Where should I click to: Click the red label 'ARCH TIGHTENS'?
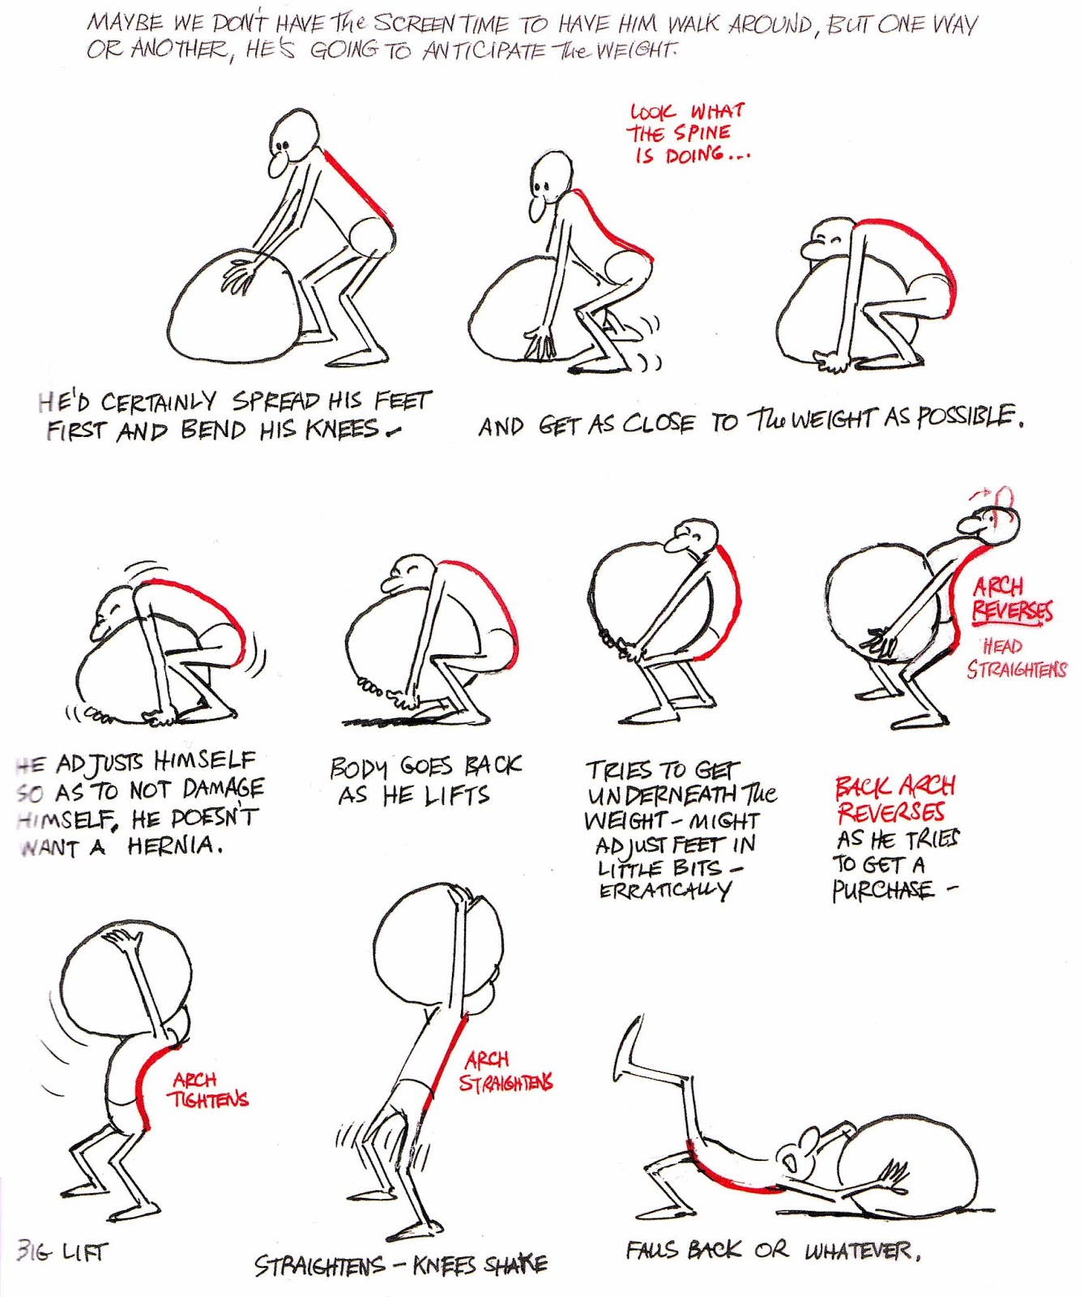point(207,1089)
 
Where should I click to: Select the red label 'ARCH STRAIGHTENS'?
point(505,1072)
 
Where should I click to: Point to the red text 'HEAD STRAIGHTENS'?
point(1016,658)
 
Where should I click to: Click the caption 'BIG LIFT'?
point(61,1252)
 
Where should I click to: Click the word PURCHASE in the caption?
point(883,891)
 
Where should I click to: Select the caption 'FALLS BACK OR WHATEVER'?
point(773,1251)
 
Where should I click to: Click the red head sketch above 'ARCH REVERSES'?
point(1003,498)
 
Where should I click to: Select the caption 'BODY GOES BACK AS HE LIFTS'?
point(424,780)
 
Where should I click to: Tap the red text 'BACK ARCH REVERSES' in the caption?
point(893,798)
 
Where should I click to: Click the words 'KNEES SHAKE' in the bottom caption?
point(480,1265)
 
